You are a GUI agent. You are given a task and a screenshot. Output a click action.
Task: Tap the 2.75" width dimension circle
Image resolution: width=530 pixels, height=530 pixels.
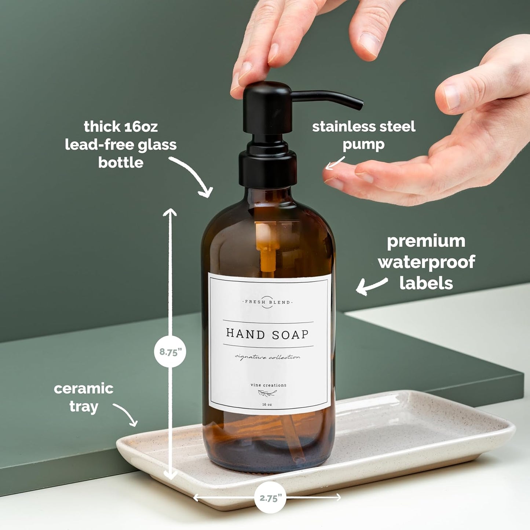pyautogui.click(x=270, y=498)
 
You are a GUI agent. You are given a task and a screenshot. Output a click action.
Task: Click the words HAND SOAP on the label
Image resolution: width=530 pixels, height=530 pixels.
pyautogui.click(x=267, y=334)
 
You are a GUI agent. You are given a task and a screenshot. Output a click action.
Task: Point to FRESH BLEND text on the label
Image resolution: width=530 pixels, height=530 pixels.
pyautogui.click(x=268, y=302)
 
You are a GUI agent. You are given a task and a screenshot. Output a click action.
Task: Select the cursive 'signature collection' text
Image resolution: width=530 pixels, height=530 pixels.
pyautogui.click(x=267, y=357)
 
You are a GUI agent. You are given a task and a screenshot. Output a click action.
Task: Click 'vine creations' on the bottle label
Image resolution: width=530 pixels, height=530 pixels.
pyautogui.click(x=268, y=385)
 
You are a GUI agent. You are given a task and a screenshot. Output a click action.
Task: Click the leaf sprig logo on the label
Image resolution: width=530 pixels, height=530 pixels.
pyautogui.click(x=267, y=394)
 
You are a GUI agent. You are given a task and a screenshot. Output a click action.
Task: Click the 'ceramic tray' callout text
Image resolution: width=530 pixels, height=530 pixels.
pyautogui.click(x=84, y=397)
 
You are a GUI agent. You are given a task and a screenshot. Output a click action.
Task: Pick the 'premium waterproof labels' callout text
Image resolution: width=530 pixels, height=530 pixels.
pyautogui.click(x=426, y=262)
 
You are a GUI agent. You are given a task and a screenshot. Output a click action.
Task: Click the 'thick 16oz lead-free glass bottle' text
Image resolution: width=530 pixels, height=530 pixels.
pyautogui.click(x=121, y=144)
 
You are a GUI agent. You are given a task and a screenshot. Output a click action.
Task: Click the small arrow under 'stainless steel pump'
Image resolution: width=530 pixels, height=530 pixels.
pyautogui.click(x=335, y=164)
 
